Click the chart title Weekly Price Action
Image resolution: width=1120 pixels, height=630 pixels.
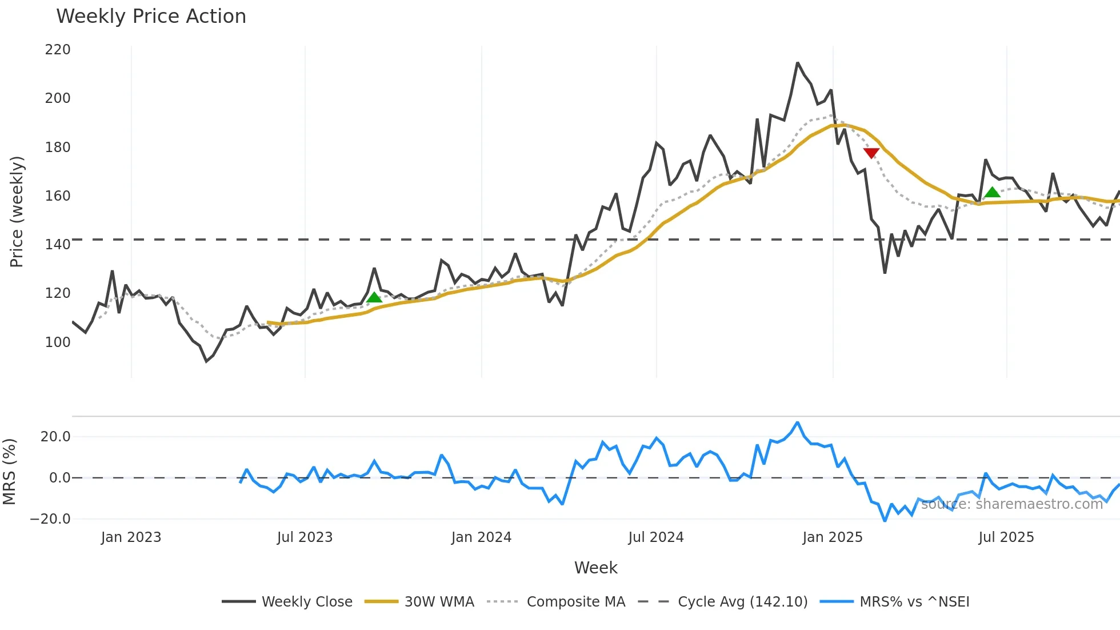pyautogui.click(x=151, y=17)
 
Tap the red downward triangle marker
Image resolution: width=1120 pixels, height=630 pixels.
pyautogui.click(x=871, y=153)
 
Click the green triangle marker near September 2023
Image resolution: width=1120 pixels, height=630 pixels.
pyautogui.click(x=374, y=297)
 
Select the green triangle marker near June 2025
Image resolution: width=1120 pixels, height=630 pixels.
pyautogui.click(x=993, y=193)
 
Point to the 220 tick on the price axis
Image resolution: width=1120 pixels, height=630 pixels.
pyautogui.click(x=58, y=50)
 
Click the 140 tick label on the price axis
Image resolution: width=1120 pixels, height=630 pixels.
pyautogui.click(x=58, y=245)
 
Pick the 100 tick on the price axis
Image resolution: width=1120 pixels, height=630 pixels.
pyautogui.click(x=58, y=342)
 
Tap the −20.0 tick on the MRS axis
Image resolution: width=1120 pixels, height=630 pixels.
pyautogui.click(x=50, y=519)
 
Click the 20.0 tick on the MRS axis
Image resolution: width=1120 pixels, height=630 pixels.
pyautogui.click(x=55, y=437)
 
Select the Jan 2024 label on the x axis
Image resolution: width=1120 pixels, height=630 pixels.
pyautogui.click(x=481, y=537)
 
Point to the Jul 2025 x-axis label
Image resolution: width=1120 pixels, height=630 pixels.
pyautogui.click(x=1006, y=537)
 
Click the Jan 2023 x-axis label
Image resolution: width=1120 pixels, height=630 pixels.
pyautogui.click(x=131, y=537)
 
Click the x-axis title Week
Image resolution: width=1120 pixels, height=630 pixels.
pyautogui.click(x=595, y=568)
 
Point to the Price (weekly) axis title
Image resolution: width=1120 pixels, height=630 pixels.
pyautogui.click(x=17, y=212)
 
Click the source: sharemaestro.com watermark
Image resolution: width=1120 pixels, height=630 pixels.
pyautogui.click(x=1012, y=504)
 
